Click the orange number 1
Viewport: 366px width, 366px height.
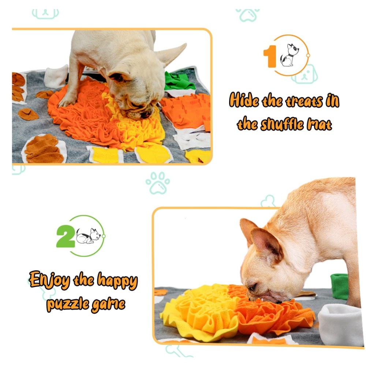tap(270, 56)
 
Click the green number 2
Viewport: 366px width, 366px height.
tap(66, 236)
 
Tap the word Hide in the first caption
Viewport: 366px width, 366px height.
tap(244, 100)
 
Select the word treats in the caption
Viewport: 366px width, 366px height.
tap(303, 101)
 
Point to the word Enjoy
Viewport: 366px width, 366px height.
tap(49, 280)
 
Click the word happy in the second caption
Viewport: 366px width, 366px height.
tap(117, 281)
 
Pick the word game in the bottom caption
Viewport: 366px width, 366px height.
tap(108, 305)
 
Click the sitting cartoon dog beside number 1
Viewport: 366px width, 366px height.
tap(290, 55)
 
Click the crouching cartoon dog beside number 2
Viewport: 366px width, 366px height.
tap(88, 236)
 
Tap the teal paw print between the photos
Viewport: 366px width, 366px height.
tap(158, 183)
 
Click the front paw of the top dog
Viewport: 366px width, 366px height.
tap(67, 101)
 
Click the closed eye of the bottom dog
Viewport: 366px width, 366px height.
tap(253, 287)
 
